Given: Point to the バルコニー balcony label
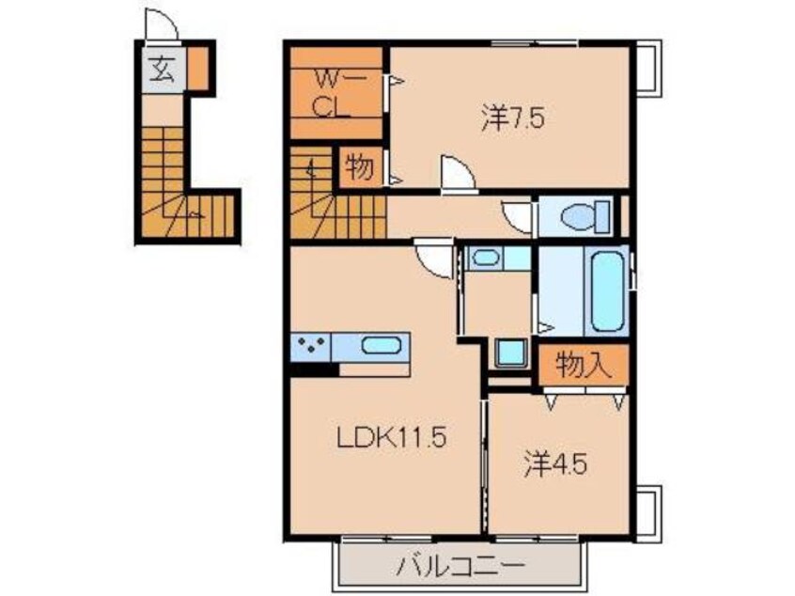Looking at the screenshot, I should tap(459, 566).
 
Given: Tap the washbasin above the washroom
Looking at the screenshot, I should tap(486, 258).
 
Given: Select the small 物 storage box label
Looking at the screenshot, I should tap(360, 168).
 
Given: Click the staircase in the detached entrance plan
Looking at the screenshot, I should tap(183, 188).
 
